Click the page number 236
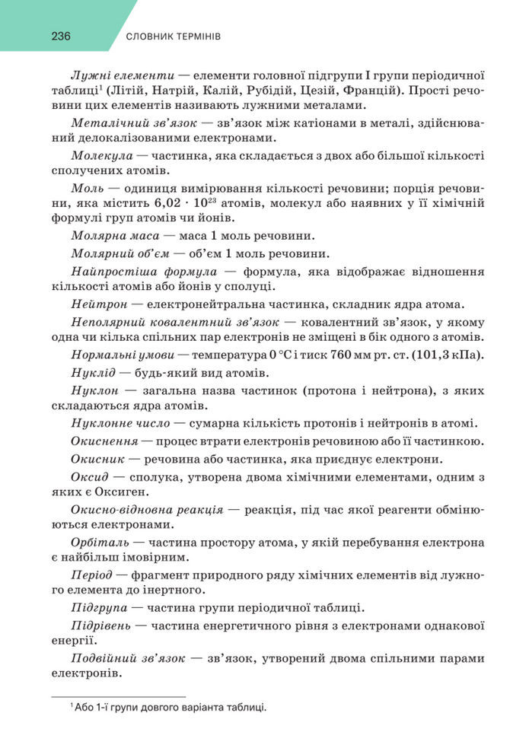(x=61, y=36)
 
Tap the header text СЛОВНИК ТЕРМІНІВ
(x=173, y=37)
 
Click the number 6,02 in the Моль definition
(x=169, y=204)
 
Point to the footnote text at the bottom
(x=168, y=708)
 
